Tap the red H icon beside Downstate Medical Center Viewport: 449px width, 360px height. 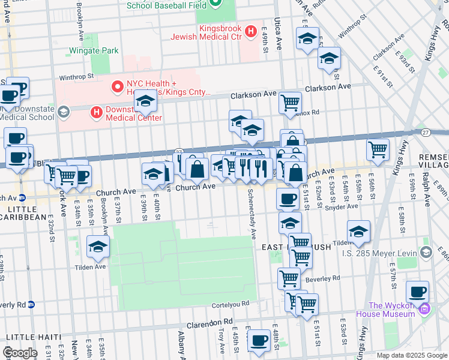[95, 112]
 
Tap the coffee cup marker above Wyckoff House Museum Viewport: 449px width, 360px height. [417, 292]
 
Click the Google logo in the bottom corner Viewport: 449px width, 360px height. [20, 353]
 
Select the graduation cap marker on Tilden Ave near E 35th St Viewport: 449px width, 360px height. [98, 246]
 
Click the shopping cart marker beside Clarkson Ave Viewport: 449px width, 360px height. [291, 103]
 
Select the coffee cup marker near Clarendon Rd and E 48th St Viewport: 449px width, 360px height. [259, 340]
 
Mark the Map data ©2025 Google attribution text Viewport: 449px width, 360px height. [411, 355]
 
